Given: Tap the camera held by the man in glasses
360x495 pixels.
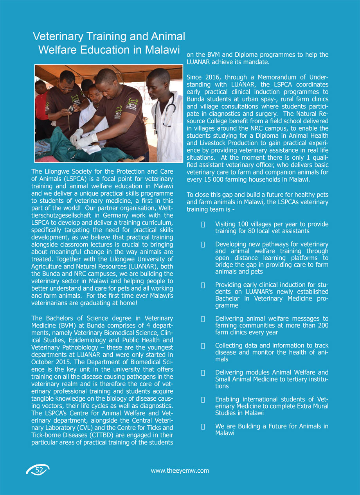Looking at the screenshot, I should [x=72, y=108].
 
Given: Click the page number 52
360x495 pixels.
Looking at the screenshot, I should [x=38, y=470].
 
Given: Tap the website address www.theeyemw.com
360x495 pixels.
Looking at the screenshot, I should [x=180, y=470].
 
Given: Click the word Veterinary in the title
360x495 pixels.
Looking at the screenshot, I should [x=56, y=36].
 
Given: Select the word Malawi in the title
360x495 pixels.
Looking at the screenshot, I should [x=162, y=50].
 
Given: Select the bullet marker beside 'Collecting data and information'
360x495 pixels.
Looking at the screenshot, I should [x=203, y=346].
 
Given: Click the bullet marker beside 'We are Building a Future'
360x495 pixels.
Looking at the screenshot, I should [x=203, y=426].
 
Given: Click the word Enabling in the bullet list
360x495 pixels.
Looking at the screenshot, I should [x=227, y=399].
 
